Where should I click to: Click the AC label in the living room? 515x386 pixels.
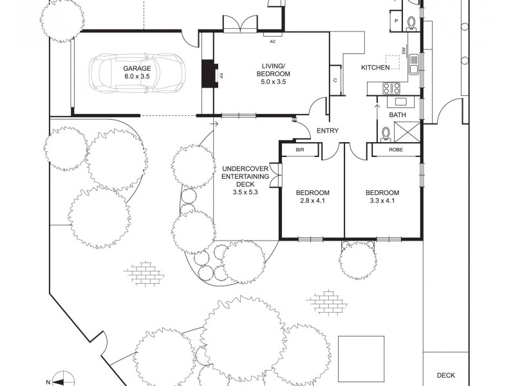[x=272, y=41]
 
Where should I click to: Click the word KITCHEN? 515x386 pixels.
[x=375, y=68]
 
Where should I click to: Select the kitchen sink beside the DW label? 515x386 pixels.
[x=413, y=63]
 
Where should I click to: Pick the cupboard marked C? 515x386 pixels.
[x=335, y=80]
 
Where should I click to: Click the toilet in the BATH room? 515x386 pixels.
[x=386, y=134]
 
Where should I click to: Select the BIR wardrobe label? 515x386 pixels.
[x=299, y=150]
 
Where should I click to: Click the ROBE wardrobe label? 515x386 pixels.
[x=396, y=150]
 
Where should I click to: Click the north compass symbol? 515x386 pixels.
[x=59, y=380]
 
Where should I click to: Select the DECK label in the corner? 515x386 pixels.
[x=445, y=374]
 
